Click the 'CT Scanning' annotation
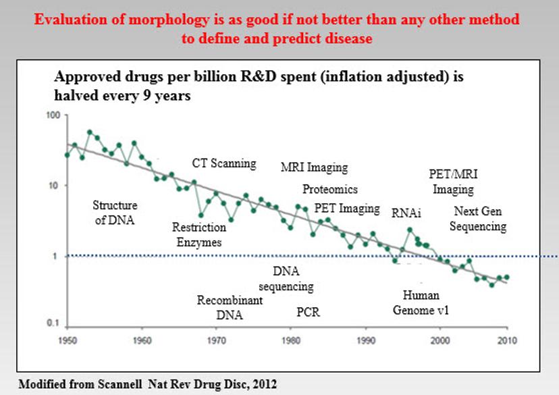coord(224,163)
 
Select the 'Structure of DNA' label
coord(115,212)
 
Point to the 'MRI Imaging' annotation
coord(314,167)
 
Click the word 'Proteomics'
coord(330,189)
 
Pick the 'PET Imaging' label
coord(347,208)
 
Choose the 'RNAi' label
coord(406,213)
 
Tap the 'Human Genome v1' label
coord(421,302)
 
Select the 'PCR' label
coord(308,313)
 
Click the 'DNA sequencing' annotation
coord(286,279)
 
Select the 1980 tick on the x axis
coord(290,338)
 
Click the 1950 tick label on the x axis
coord(66,338)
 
